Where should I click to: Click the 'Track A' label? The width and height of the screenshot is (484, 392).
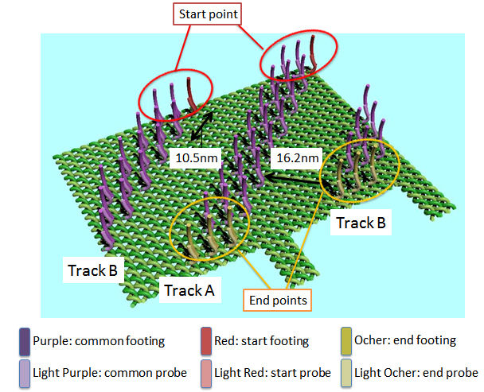pyautogui.click(x=189, y=290)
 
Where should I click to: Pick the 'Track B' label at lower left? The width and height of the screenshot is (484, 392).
pyautogui.click(x=91, y=270)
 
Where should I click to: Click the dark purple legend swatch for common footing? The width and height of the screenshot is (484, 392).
pyautogui.click(x=24, y=342)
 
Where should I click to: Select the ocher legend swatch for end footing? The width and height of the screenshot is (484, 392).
pyautogui.click(x=345, y=342)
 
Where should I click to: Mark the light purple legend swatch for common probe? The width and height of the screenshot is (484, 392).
pyautogui.click(x=24, y=371)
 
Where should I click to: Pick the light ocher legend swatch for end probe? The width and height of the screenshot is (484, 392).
pyautogui.click(x=345, y=371)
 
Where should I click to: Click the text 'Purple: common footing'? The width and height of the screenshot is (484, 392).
pyautogui.click(x=98, y=341)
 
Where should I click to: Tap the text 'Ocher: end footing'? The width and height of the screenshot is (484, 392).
pyautogui.click(x=405, y=341)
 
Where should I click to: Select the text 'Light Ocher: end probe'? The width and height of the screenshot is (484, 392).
pyautogui.click(x=416, y=371)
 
